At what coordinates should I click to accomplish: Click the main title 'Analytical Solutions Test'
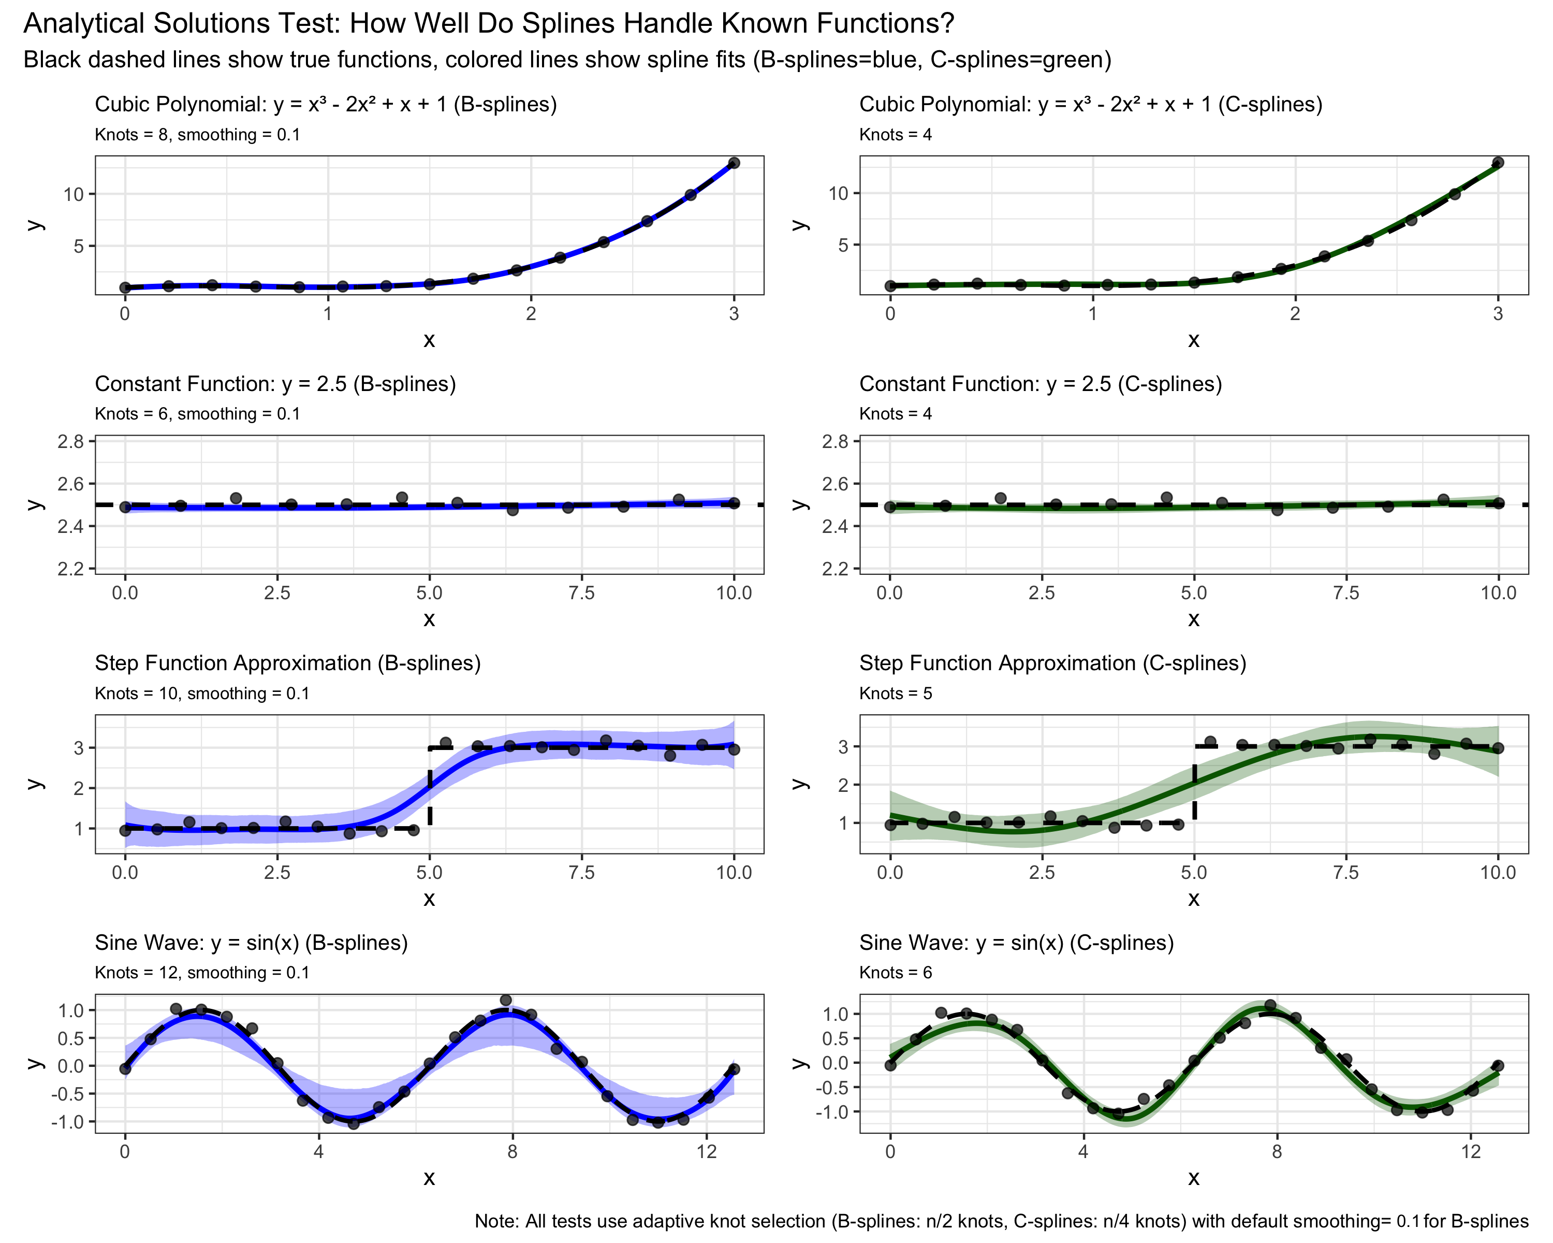coord(488,24)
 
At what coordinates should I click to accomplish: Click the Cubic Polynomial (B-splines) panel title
coord(326,105)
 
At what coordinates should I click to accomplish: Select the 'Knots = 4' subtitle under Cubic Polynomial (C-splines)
coord(896,135)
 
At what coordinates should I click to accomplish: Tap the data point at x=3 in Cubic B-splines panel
coord(734,163)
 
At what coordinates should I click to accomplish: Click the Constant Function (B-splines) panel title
coord(275,384)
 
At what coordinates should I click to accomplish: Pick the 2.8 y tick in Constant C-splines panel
coord(836,441)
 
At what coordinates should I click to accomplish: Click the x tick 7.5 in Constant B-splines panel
coord(581,593)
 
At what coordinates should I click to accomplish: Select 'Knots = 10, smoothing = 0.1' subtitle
coord(202,693)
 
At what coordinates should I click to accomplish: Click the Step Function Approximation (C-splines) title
coord(1052,663)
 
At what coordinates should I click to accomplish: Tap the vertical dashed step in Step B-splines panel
coord(430,789)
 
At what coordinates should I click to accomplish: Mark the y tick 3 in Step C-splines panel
coord(843,746)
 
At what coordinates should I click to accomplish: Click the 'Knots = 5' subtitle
coord(896,693)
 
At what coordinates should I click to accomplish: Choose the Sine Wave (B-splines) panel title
coord(252,943)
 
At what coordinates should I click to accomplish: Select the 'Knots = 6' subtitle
coord(896,973)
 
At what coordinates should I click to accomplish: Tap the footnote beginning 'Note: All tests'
coord(1001,1221)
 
